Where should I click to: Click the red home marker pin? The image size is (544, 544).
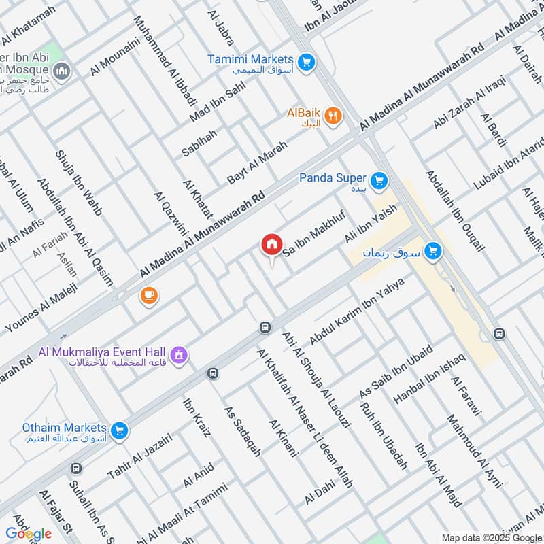tap(271, 244)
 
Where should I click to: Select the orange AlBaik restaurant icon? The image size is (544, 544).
tap(333, 116)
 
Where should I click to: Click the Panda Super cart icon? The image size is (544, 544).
tap(379, 180)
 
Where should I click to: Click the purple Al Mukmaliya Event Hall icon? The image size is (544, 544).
tap(180, 354)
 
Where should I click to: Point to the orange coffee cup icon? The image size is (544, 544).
tap(148, 295)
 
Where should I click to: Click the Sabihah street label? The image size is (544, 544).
tap(199, 140)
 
